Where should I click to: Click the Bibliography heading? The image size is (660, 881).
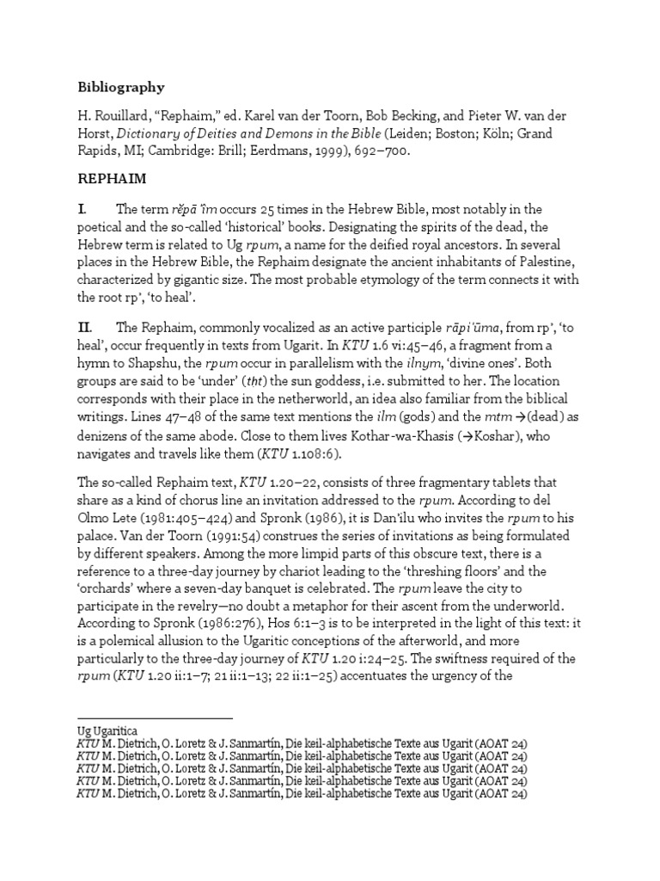click(121, 87)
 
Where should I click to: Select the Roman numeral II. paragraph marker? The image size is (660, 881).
click(85, 327)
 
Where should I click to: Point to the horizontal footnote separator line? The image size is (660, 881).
click(155, 718)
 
